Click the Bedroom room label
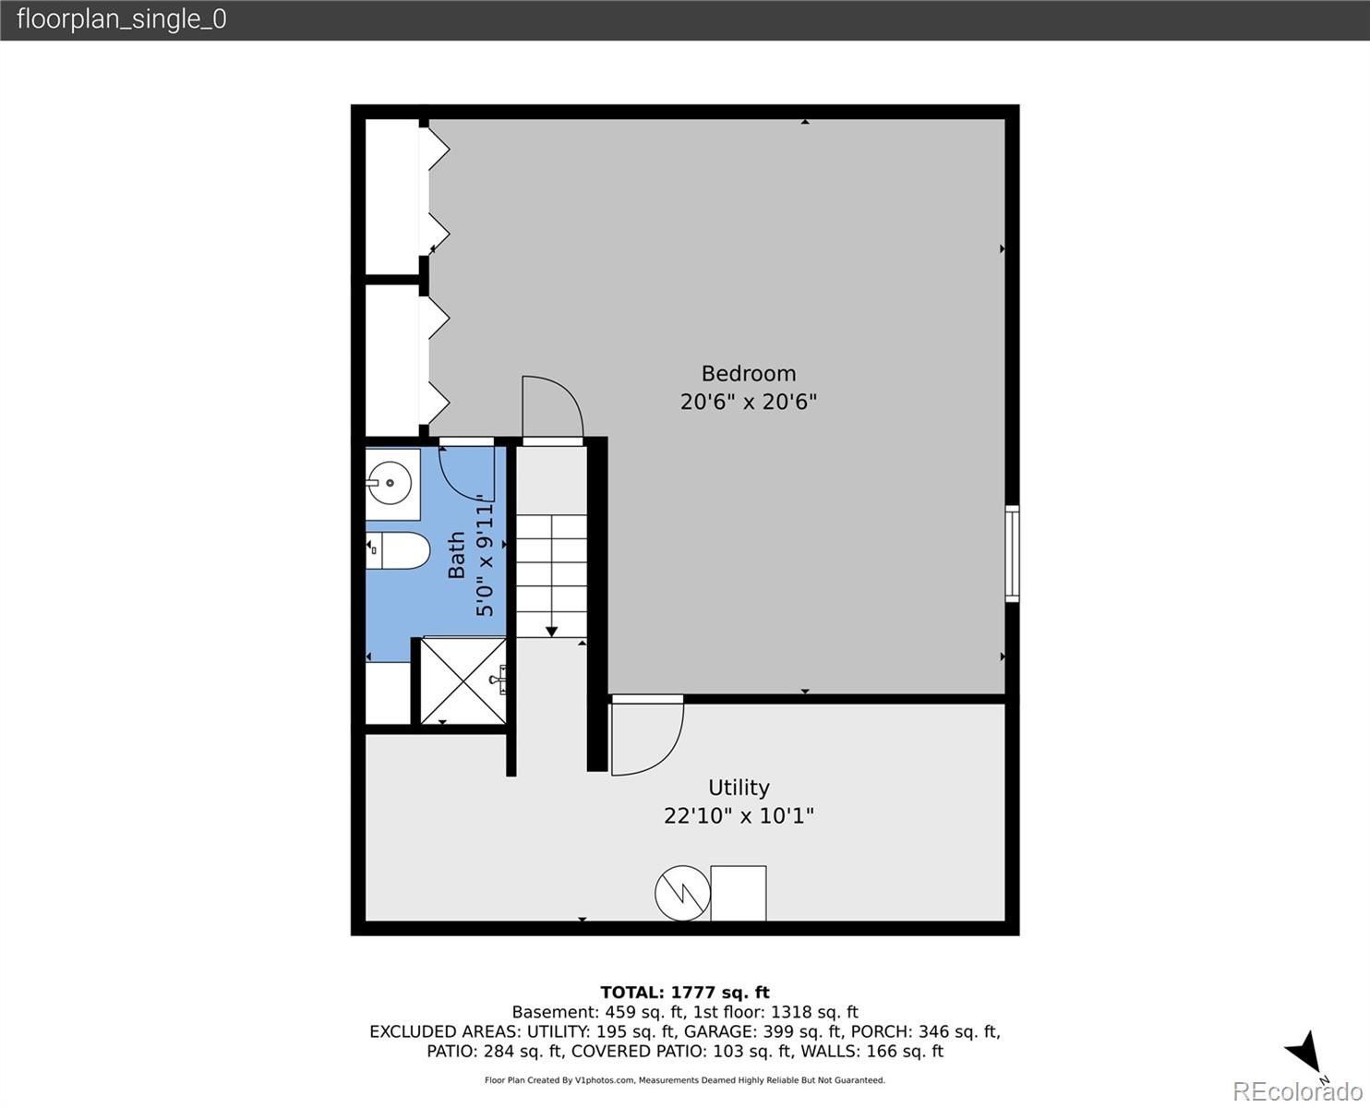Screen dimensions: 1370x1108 748,374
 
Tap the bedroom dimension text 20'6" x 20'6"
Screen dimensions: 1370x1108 749,402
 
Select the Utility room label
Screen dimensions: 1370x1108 739,788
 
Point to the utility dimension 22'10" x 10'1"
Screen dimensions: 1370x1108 739,816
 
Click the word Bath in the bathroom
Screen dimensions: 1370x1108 456,555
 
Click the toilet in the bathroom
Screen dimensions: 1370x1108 398,550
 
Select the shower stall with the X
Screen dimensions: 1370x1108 463,681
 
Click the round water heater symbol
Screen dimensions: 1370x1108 682,893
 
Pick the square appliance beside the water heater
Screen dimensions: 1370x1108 739,893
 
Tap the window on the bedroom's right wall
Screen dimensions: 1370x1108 1013,554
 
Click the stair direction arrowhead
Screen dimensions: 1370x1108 551,632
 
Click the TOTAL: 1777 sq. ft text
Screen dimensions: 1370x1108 685,993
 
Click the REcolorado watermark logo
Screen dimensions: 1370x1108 1297,1091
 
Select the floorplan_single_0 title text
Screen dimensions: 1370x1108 122,19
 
